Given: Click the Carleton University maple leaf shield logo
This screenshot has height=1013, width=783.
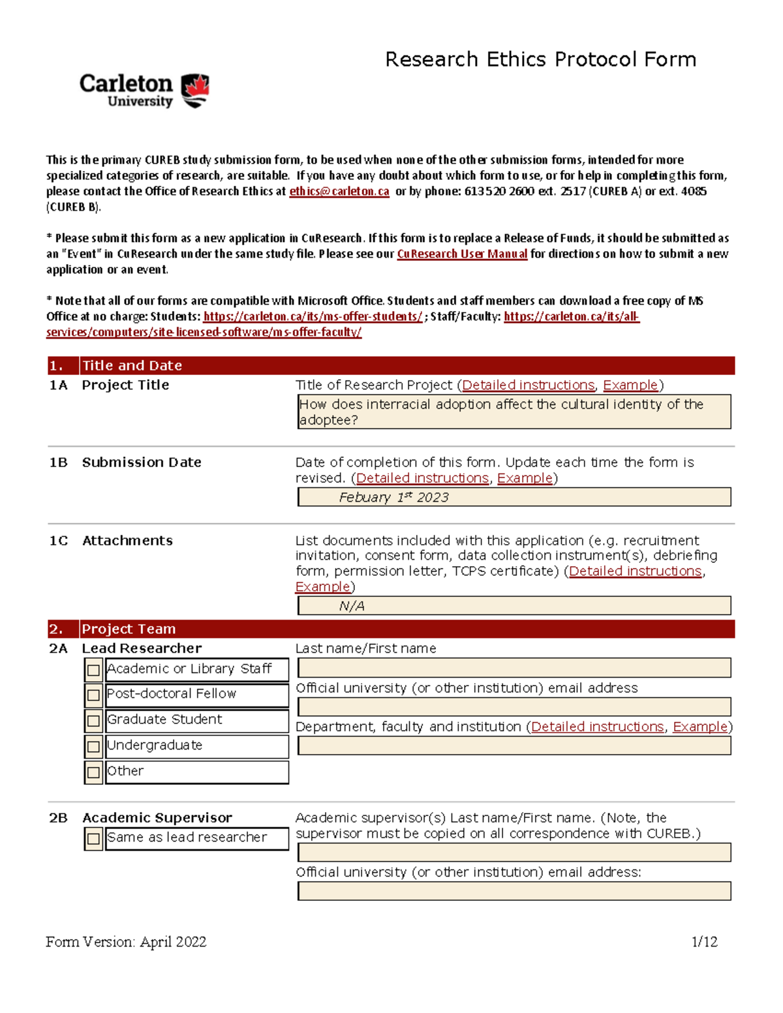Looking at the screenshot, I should (194, 91).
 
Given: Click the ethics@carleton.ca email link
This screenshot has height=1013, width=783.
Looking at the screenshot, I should (339, 191).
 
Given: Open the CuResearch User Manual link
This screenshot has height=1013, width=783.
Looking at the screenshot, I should (461, 254).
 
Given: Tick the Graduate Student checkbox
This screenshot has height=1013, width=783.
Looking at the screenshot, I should (93, 721).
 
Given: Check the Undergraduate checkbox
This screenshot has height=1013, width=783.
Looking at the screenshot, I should (93, 746).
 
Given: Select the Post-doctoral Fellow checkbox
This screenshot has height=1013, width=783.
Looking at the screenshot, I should (93, 695).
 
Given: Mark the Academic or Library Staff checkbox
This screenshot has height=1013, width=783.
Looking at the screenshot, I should (93, 670).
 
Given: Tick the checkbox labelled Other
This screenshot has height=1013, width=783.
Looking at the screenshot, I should (93, 772).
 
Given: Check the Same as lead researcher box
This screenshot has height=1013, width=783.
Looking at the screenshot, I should (93, 839).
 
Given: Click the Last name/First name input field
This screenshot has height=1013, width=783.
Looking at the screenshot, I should (514, 667).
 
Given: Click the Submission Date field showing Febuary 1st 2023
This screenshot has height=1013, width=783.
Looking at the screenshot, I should (514, 497).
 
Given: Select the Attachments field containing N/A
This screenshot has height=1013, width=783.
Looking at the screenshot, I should (514, 606).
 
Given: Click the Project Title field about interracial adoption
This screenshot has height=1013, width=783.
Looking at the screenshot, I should (514, 412).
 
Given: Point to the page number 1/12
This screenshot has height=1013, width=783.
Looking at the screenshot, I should (704, 941).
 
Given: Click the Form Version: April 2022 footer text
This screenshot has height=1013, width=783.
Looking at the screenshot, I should (126, 941).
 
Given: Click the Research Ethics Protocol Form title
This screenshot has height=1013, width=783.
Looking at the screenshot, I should (540, 59).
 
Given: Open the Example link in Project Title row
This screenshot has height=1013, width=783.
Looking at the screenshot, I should (630, 385).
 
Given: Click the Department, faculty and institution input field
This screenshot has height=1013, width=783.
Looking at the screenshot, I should (514, 746).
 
